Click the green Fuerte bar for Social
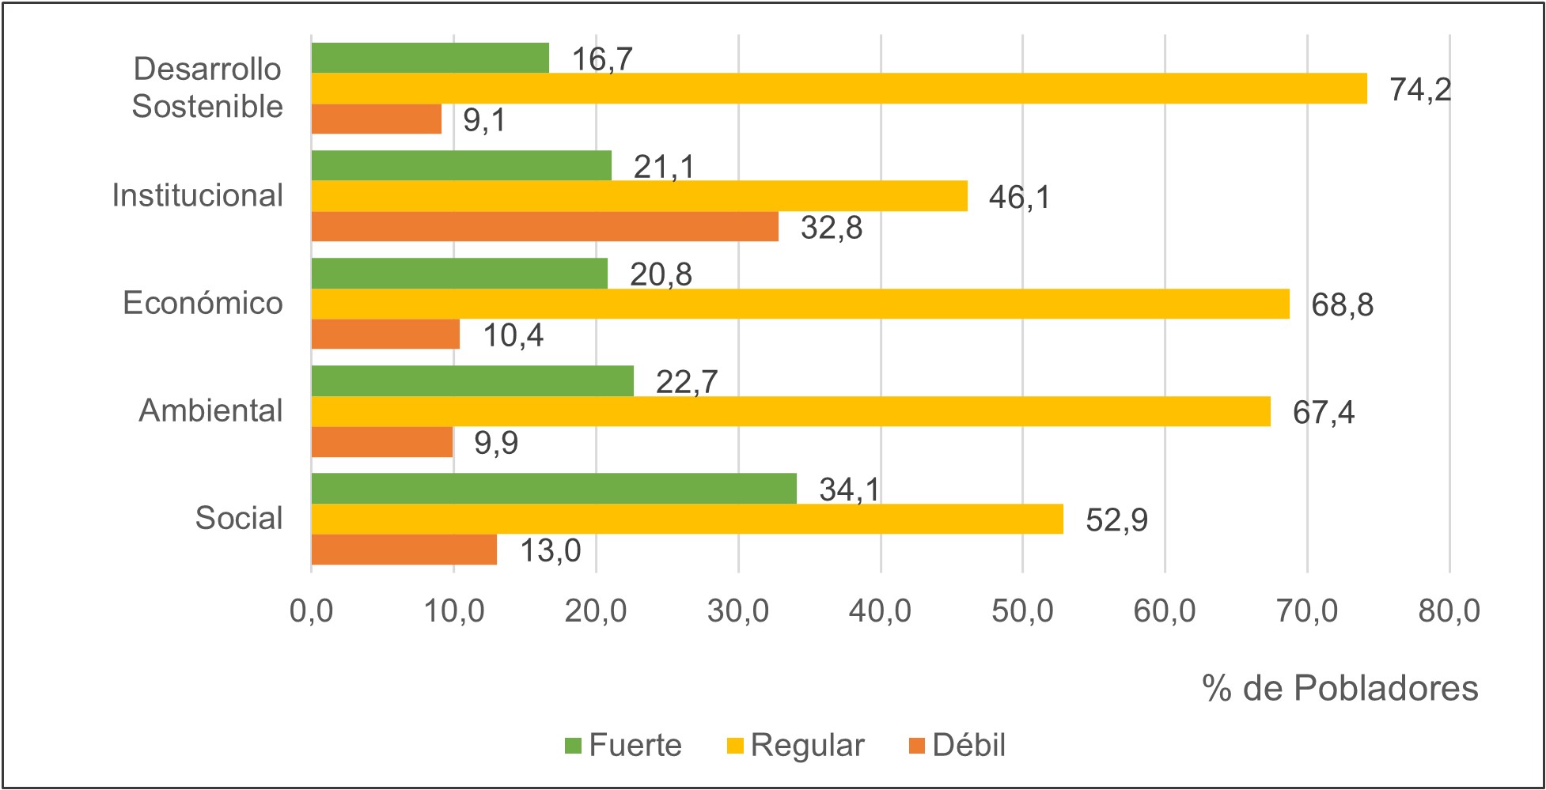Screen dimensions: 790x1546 pos(554,489)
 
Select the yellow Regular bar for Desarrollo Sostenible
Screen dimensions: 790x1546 pos(839,89)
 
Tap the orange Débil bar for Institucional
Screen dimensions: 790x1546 pos(544,226)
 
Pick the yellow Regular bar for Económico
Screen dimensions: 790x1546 pos(800,304)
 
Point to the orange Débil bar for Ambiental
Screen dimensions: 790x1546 pos(382,442)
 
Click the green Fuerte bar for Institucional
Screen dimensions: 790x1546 pos(461,165)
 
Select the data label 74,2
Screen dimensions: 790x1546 pos(1420,89)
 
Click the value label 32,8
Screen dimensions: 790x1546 pos(831,228)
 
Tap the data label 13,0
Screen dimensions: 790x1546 pos(550,550)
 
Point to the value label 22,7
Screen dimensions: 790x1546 pos(686,382)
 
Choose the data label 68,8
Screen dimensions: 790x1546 pos(1342,304)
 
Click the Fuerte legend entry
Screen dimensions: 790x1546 pos(624,745)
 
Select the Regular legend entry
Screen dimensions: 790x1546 pos(796,745)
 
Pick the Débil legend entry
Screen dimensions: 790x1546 pos(958,745)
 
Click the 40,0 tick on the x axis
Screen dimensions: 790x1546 pos(880,610)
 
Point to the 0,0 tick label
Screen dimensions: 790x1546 pos(311,610)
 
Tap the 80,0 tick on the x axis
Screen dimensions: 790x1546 pos(1449,610)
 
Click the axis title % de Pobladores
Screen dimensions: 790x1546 pos(1339,688)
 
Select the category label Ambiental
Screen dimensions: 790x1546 pos(210,410)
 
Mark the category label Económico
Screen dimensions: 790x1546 pos(203,303)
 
